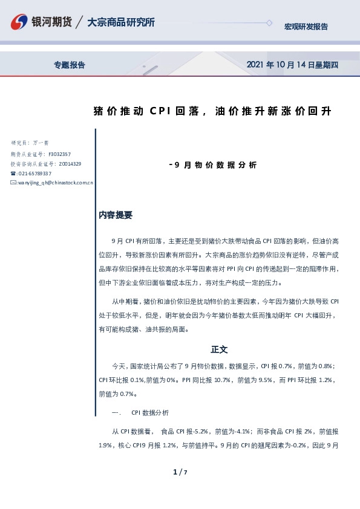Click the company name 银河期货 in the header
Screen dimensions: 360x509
pos(53,22)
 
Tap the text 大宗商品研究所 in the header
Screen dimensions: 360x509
pos(121,22)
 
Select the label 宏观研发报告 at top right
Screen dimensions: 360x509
pos(306,27)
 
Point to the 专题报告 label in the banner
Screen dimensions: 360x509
pos(70,65)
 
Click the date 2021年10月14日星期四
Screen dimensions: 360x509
pos(293,65)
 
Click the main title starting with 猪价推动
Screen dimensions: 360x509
pos(212,111)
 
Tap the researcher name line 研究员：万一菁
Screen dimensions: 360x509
pos(30,143)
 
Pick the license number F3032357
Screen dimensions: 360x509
pos(59,154)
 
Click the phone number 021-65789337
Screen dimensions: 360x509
pos(34,173)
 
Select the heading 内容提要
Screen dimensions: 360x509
pos(116,215)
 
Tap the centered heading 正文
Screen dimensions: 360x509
pos(219,349)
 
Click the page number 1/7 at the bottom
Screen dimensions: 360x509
pos(180,472)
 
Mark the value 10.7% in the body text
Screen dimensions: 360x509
pos(223,380)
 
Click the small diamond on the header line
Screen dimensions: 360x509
pos(269,23)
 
